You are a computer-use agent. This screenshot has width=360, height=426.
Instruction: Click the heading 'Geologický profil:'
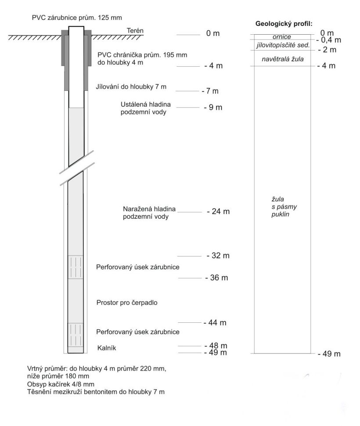coord(283,24)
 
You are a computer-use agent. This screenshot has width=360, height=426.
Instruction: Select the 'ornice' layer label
coord(282,37)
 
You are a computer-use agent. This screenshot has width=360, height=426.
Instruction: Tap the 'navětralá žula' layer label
coord(283,58)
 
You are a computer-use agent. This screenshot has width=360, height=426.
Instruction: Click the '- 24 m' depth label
coord(218,212)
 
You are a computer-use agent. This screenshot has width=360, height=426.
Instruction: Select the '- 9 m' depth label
coord(213,108)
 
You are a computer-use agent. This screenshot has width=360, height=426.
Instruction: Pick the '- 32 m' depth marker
coord(218,256)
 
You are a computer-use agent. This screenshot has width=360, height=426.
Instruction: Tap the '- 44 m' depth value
coord(215,323)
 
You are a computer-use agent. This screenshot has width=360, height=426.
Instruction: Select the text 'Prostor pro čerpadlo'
coord(126,303)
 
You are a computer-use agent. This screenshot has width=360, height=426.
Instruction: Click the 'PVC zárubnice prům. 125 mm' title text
coord(76,18)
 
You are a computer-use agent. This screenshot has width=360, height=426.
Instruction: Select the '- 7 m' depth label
coord(209,91)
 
